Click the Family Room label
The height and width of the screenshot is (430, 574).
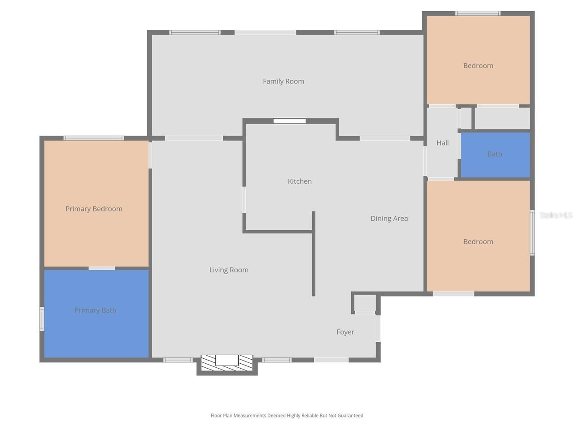[x=283, y=81]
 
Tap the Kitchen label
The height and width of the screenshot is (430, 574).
[x=300, y=181]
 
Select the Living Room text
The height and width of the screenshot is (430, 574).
[x=229, y=270]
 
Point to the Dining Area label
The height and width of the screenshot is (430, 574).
[x=389, y=218]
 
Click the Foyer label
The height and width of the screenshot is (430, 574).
[x=345, y=332]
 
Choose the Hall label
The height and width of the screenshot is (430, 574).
[x=442, y=143]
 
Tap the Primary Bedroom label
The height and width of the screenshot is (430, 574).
[x=94, y=209]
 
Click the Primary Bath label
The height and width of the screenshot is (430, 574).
[x=96, y=310]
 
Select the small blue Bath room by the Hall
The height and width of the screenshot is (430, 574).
[x=495, y=155]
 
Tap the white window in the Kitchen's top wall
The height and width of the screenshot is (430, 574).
[x=290, y=121]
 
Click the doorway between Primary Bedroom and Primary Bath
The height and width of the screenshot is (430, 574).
[x=102, y=268]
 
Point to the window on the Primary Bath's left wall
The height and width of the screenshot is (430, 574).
[x=42, y=319]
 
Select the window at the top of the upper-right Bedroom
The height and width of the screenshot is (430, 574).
[x=478, y=13]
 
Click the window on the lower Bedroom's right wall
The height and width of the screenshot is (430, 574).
[x=532, y=233]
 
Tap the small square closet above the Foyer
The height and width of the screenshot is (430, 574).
[x=365, y=303]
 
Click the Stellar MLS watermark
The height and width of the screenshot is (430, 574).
[x=556, y=215]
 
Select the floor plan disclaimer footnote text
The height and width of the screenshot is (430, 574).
[x=287, y=416]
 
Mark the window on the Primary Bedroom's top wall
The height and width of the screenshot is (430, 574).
[x=94, y=138]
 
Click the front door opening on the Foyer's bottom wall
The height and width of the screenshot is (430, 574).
[x=331, y=360]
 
